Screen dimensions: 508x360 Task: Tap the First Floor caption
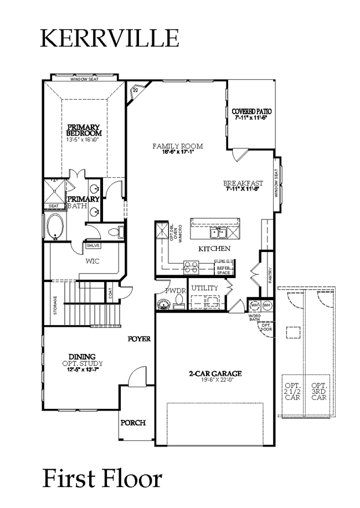tap(102, 477)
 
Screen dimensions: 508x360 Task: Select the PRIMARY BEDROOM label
tap(84, 130)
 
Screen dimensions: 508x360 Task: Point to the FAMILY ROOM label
tap(177, 146)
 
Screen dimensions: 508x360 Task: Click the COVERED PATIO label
tap(251, 111)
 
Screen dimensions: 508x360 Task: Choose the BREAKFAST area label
tap(243, 183)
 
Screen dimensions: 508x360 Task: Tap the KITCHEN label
tap(214, 249)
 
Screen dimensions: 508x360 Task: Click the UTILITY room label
tap(204, 289)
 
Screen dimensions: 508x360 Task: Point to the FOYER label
tap(139, 338)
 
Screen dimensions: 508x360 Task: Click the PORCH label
tap(133, 423)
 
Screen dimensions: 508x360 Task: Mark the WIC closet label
tap(92, 261)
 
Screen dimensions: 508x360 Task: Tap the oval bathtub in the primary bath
tap(56, 227)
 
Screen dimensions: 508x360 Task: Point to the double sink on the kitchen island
tap(215, 232)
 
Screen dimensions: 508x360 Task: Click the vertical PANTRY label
tap(270, 275)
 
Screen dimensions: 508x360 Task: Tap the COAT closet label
tap(111, 294)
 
